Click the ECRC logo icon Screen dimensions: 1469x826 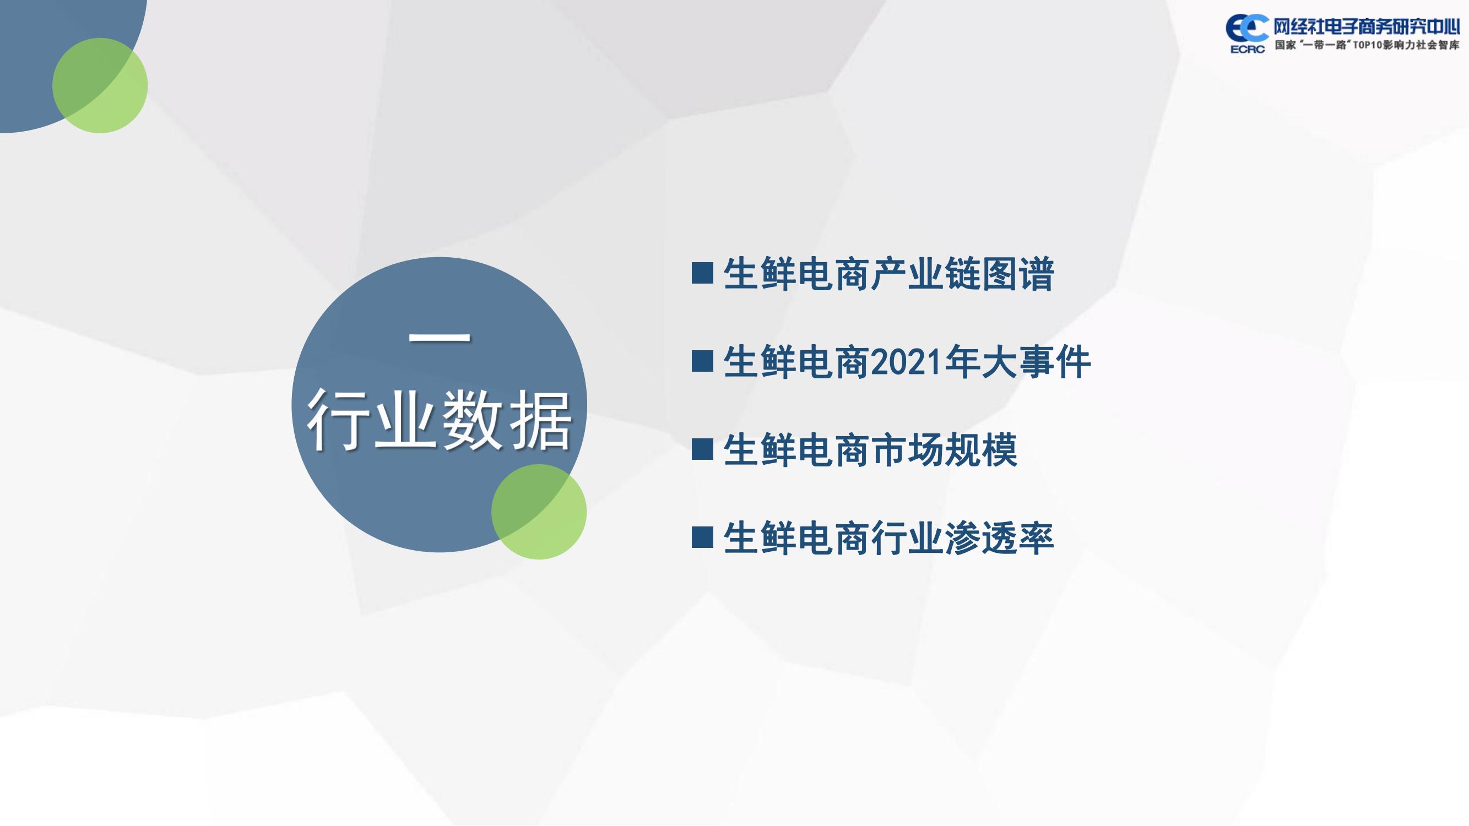[1246, 34]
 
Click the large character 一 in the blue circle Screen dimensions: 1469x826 [440, 336]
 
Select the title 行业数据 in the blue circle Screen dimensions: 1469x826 [439, 421]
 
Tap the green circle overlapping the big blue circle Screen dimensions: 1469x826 [539, 512]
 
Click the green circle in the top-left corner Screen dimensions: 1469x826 [100, 85]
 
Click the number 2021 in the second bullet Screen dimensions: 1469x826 [907, 362]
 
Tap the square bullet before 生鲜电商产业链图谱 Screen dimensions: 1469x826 [702, 273]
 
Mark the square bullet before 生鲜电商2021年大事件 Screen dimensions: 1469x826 [702, 361]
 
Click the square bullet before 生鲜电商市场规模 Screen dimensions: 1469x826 [702, 449]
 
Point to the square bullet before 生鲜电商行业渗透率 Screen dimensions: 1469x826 [702, 536]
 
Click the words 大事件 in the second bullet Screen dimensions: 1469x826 [1036, 361]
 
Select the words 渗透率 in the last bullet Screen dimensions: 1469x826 [999, 537]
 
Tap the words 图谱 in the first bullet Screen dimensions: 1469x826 [1018, 274]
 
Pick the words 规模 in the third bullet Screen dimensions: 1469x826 [981, 449]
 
